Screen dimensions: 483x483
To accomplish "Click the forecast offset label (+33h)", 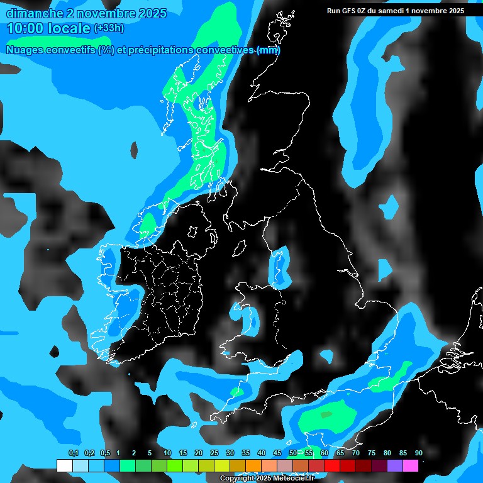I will point(108,28).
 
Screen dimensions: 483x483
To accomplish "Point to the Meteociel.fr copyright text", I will point(267,479).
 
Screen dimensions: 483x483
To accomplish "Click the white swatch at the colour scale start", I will point(64,465).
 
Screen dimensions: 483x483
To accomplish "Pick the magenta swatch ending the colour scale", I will point(411,465).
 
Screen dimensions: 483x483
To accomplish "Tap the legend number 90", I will point(418,453).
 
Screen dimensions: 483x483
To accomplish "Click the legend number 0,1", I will point(74,453).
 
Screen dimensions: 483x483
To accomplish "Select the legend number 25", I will point(214,453).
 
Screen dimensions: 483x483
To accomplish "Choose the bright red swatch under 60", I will point(316,465).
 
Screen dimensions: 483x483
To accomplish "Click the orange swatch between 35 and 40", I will point(253,465).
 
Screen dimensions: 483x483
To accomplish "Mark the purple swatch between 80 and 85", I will point(395,465).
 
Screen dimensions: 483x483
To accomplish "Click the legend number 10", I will point(167,453).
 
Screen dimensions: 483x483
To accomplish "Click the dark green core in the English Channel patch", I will point(326,414).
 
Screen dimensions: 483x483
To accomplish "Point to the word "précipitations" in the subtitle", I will point(160,50).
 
